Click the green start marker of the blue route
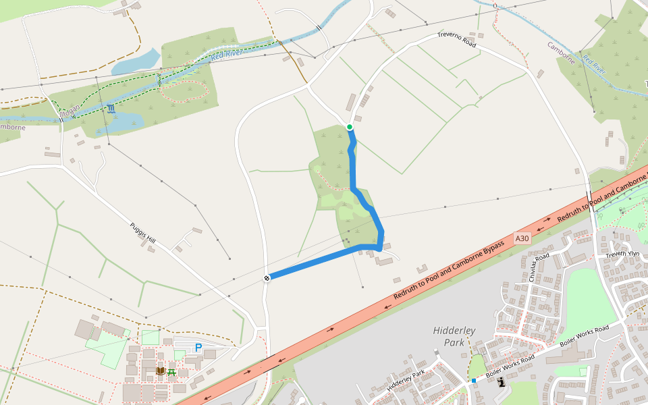(350, 127)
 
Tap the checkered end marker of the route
(267, 277)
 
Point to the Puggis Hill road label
(142, 232)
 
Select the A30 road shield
(522, 238)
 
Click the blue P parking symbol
(198, 348)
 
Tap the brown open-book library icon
(161, 371)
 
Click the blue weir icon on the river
(111, 109)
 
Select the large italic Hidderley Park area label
(454, 336)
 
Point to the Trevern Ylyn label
(621, 254)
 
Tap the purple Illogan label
(70, 110)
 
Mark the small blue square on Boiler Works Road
(475, 381)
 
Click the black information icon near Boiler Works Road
(501, 382)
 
